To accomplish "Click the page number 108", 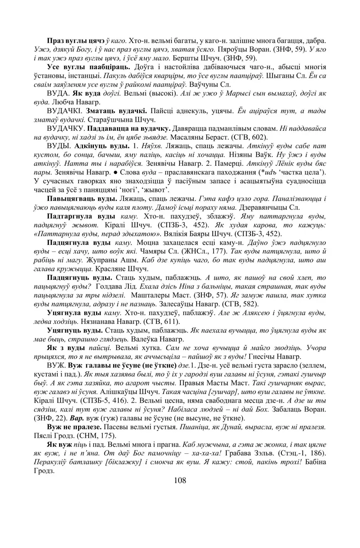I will pyautogui.click(x=180, y=480).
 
